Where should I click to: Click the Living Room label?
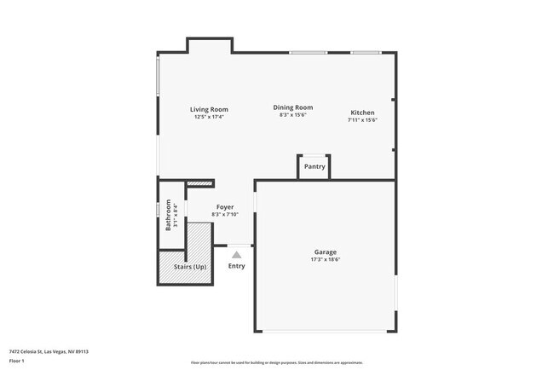click(x=209, y=109)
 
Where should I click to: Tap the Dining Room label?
click(x=293, y=107)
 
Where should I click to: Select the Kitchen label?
click(x=362, y=113)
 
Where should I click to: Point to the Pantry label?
click(x=315, y=166)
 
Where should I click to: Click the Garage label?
click(x=326, y=251)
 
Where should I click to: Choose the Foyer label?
click(x=225, y=207)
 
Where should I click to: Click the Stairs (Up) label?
click(x=190, y=267)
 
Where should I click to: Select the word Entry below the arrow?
click(x=237, y=266)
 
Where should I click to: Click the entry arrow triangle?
click(x=237, y=253)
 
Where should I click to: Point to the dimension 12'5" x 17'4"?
click(x=209, y=117)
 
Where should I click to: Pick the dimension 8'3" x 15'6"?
click(x=293, y=115)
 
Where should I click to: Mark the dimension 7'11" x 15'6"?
click(x=362, y=120)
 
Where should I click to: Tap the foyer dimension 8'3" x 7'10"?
click(x=225, y=215)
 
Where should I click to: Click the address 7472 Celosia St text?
click(x=49, y=351)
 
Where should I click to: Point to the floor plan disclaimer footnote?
click(x=277, y=362)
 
